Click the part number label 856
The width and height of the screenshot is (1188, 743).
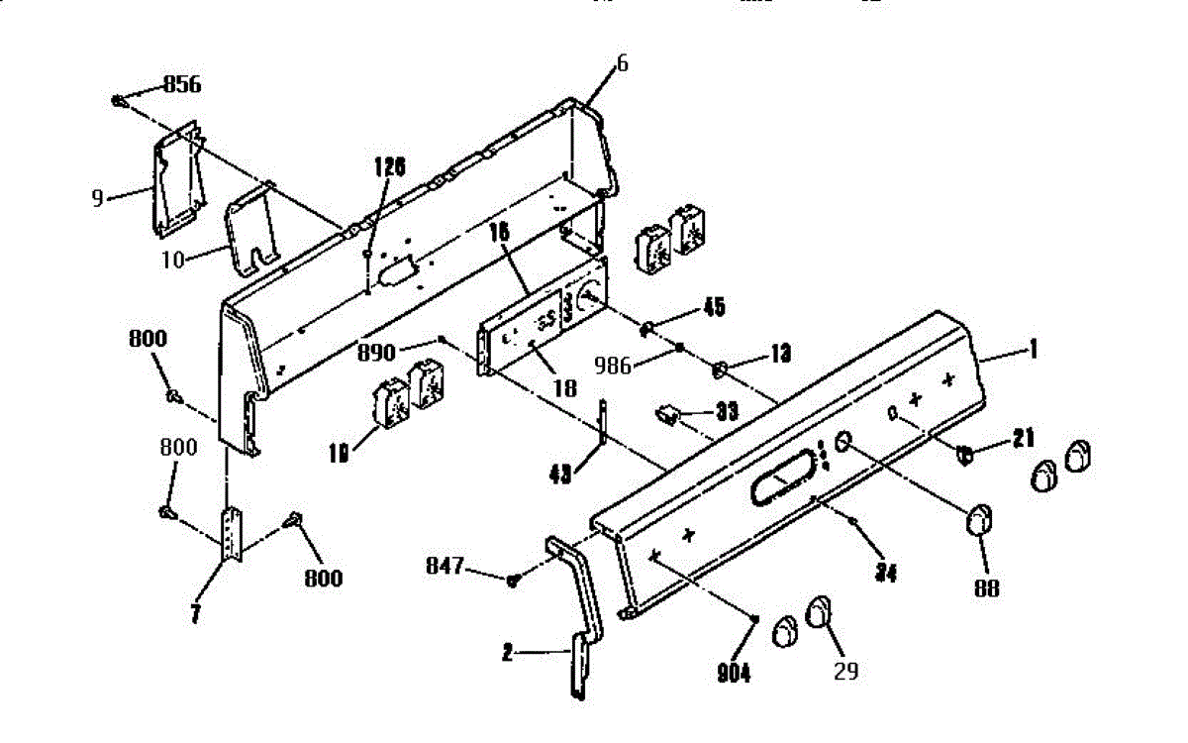coord(182,85)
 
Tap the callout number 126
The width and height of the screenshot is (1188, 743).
coord(389,166)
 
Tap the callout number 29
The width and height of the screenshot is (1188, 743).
coord(844,672)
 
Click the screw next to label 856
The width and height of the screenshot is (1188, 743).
coord(119,99)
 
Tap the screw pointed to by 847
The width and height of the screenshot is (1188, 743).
coord(512,581)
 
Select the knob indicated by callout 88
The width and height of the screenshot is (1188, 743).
coord(979,518)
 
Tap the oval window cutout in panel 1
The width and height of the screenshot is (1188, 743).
coord(782,485)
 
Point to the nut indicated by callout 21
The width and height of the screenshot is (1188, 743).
coord(964,456)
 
